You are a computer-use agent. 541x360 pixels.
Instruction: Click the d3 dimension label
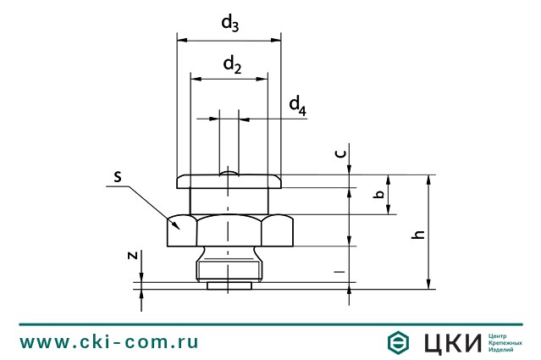pos(229,24)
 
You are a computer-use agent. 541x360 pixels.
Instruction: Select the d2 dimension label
pos(232,64)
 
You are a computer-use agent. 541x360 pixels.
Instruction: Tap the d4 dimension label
pos(297,105)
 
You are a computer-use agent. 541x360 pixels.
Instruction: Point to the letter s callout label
pos(119,176)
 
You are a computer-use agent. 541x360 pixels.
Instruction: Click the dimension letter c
pos(340,153)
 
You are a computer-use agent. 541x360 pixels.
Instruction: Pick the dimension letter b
pos(380,194)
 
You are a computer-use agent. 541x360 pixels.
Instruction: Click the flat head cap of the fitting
pos(229,181)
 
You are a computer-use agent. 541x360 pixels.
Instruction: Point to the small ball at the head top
pos(229,173)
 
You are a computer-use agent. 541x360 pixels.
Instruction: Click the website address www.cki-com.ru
pos(109,341)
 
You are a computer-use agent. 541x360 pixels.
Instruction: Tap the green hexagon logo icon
pos(398,341)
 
